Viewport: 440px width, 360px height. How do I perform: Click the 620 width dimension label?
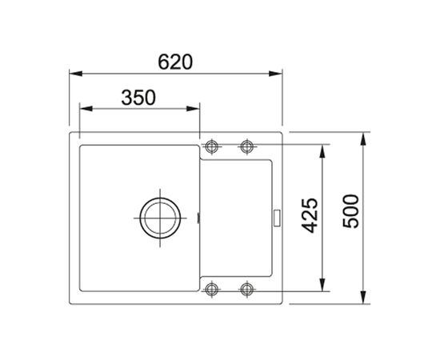(175, 62)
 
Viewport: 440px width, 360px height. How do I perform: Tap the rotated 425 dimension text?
(310, 215)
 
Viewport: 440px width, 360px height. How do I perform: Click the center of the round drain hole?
(158, 216)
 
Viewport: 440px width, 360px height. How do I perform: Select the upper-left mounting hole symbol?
(212, 146)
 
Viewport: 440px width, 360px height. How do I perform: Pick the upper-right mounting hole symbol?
(246, 146)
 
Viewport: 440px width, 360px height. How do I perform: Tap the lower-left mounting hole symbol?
(212, 288)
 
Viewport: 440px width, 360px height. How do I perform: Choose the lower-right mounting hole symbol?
(246, 288)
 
